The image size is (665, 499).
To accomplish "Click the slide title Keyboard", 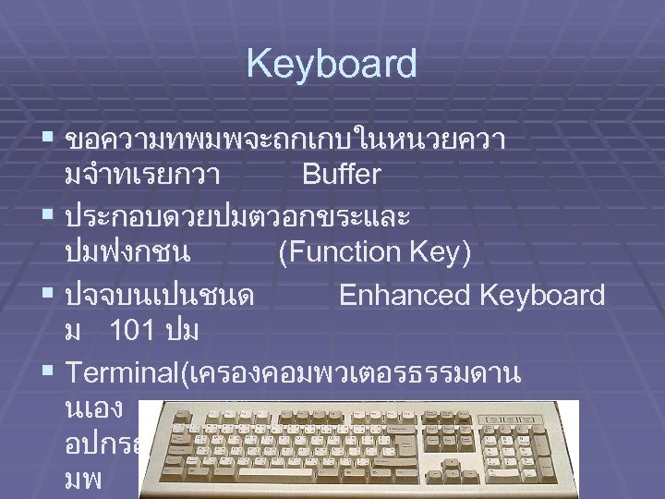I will coord(332,65).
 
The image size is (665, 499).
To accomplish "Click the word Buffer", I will coord(342,174).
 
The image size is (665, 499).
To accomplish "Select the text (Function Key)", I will coord(374,251).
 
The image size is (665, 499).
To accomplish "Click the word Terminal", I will coord(124,373).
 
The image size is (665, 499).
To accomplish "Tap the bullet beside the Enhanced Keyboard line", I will coord(47,295).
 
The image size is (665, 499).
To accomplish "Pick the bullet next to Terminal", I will coord(47,372).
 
